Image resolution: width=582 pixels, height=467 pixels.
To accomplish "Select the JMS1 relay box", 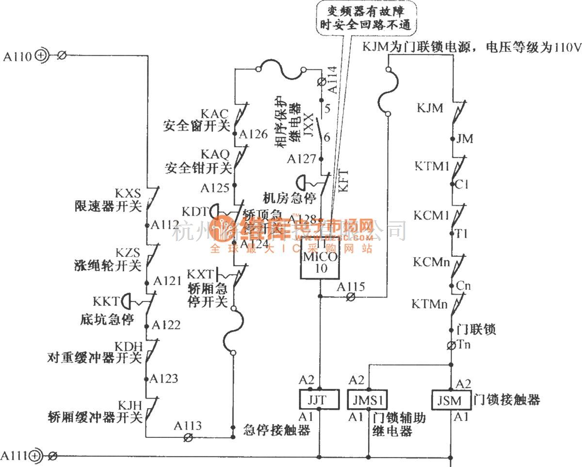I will [368, 400].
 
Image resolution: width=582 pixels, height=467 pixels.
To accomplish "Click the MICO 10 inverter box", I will [320, 258].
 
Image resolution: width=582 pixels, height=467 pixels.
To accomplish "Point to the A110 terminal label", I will [18, 57].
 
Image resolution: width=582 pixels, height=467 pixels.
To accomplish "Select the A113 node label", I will [189, 426].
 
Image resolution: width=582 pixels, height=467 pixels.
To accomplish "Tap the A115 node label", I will [351, 286].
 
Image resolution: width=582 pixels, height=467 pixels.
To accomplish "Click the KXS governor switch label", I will [128, 193].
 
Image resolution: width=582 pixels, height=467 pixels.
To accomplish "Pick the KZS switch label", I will [128, 252].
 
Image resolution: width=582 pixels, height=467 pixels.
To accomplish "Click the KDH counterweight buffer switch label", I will [129, 346].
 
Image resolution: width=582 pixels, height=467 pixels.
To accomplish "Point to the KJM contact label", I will [430, 108].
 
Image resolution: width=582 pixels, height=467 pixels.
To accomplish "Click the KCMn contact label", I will [431, 262].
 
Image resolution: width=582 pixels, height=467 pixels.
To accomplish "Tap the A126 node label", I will [253, 134].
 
